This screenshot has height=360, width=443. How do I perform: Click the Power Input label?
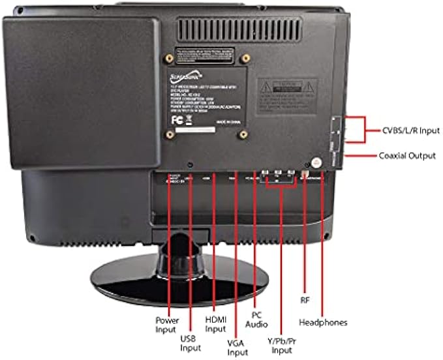[166, 325]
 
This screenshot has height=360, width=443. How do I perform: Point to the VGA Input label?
[237, 348]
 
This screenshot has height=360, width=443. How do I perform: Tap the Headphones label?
[323, 322]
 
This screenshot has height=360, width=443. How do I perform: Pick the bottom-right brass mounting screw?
[243, 136]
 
